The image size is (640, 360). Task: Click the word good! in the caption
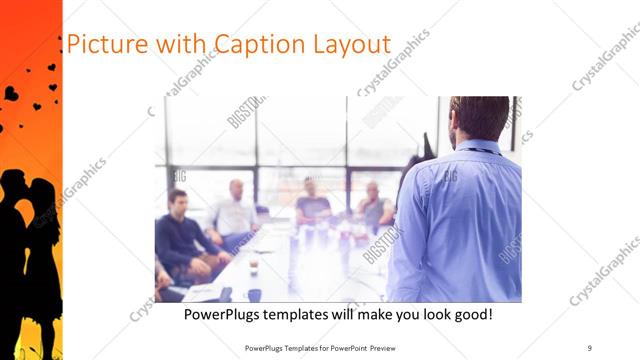(471, 314)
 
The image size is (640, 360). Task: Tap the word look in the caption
(425, 314)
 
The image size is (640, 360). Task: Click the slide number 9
(589, 347)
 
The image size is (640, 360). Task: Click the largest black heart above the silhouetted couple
(11, 93)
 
